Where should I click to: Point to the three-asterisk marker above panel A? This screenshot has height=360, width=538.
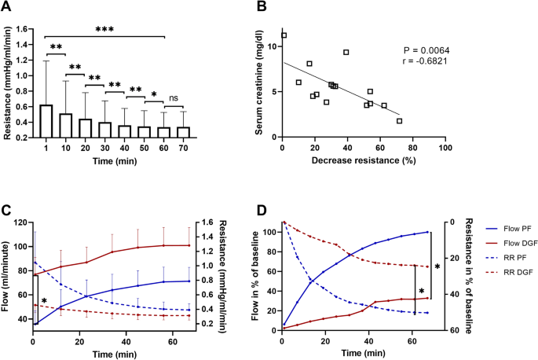pyautogui.click(x=104, y=29)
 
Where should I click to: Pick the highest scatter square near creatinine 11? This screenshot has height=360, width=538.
pyautogui.click(x=284, y=35)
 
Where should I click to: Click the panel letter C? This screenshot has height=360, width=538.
pyautogui.click(x=7, y=211)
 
